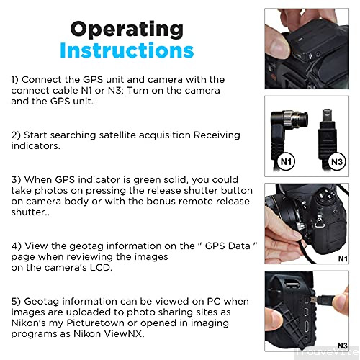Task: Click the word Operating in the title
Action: click(x=127, y=30)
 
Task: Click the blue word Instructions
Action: click(x=127, y=50)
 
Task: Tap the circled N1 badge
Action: click(x=287, y=161)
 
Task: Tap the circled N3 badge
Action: click(x=337, y=161)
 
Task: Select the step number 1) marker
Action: click(x=14, y=80)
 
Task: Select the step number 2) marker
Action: click(x=16, y=135)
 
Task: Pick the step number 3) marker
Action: click(x=16, y=180)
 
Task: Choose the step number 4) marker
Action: click(x=16, y=246)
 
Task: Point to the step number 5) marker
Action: click(x=16, y=302)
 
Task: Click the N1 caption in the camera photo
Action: click(x=343, y=258)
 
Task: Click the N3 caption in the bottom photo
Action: click(x=343, y=346)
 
